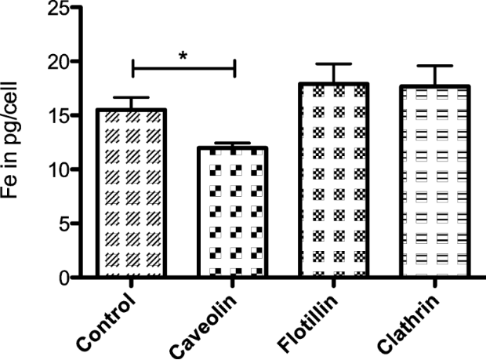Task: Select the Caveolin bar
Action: pyautogui.click(x=234, y=213)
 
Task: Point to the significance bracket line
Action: pyautogui.click(x=184, y=69)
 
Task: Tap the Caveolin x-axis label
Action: pyautogui.click(x=205, y=323)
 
